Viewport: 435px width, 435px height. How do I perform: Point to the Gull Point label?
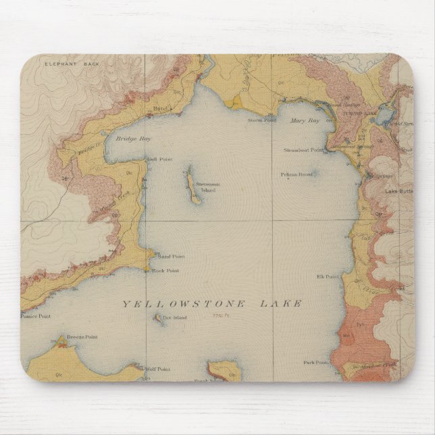pyautogui.click(x=157, y=160)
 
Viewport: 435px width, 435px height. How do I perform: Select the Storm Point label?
pyautogui.click(x=262, y=121)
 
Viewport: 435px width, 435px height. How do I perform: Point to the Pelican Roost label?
pyautogui.click(x=297, y=174)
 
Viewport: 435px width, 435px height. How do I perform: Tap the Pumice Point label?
pyautogui.click(x=36, y=315)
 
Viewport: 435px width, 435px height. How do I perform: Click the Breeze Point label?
pyautogui.click(x=83, y=334)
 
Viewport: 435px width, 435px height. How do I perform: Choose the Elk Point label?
pyautogui.click(x=326, y=277)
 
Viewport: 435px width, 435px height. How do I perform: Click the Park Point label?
pyautogui.click(x=315, y=362)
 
